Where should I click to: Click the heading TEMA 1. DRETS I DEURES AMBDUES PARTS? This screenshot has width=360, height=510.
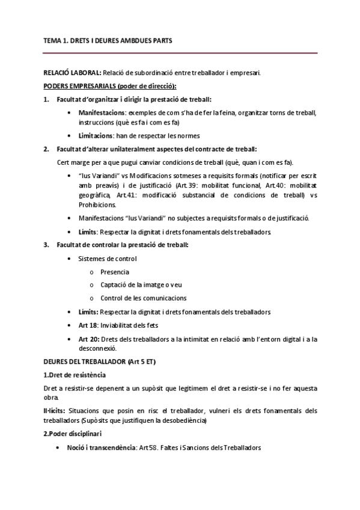point(112,41)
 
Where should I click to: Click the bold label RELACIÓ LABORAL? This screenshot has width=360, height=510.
point(70,73)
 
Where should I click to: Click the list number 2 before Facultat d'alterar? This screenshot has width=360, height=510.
point(46,149)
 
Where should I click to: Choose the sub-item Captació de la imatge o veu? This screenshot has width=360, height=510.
point(143,285)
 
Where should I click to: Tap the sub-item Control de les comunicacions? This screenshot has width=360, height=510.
point(143,298)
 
